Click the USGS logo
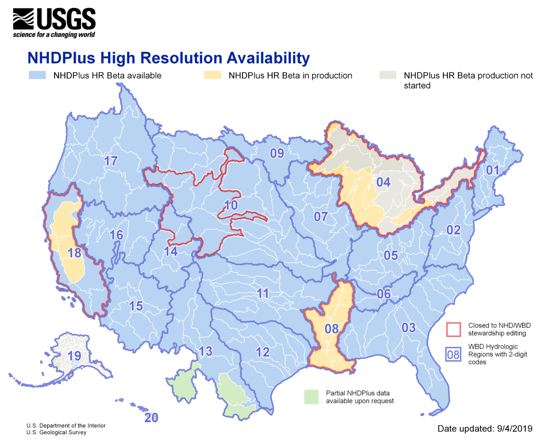click(54, 23)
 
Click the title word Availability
click(268, 58)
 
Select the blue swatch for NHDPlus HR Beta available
click(37, 75)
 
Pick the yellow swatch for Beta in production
click(212, 75)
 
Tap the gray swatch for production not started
click(387, 75)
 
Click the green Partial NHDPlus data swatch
click(311, 397)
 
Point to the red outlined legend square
click(453, 329)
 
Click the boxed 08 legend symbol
click(453, 354)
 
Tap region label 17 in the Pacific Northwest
click(111, 161)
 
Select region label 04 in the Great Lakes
click(383, 182)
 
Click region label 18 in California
click(75, 253)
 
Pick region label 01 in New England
click(492, 170)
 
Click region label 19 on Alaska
click(75, 355)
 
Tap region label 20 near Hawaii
click(151, 418)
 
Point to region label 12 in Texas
click(263, 352)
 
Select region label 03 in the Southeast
click(408, 327)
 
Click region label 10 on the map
click(231, 205)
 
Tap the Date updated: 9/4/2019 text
click(485, 429)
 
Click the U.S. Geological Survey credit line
click(56, 432)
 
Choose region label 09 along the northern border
click(277, 153)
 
